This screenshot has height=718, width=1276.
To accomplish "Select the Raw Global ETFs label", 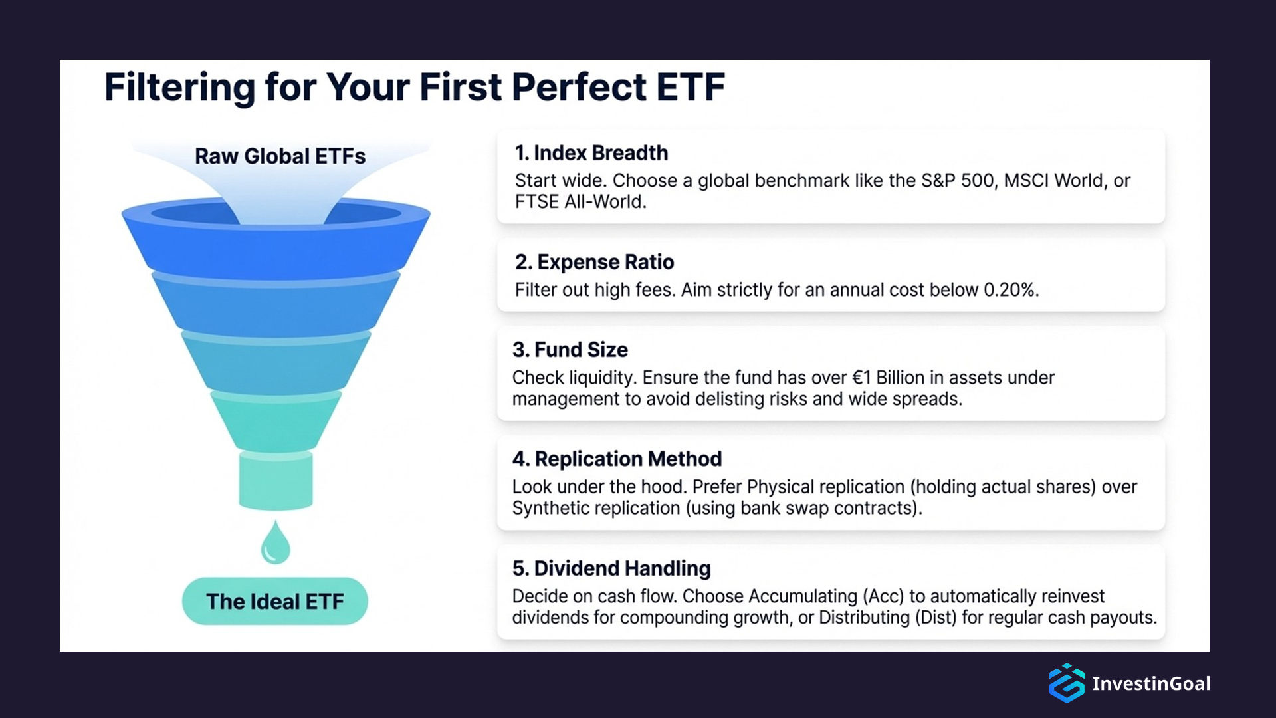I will point(280,156).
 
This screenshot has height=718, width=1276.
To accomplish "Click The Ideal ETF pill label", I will point(274,602).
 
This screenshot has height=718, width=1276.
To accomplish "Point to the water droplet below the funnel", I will point(275,544).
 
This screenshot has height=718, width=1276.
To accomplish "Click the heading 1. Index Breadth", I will point(591,153).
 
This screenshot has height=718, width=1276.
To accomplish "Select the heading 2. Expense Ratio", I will point(594,262).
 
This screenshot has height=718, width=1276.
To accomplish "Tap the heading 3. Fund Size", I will point(570,350).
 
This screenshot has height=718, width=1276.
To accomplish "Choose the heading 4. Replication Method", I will point(617,459).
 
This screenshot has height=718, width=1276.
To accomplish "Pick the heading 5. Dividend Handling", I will point(611,568).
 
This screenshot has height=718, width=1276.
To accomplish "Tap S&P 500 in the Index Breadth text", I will point(958,181).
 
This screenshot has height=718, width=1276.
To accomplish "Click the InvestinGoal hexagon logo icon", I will point(1066,683).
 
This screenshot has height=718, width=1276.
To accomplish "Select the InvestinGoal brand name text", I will point(1151,683).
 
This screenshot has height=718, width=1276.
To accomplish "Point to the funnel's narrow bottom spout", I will point(276,480).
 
